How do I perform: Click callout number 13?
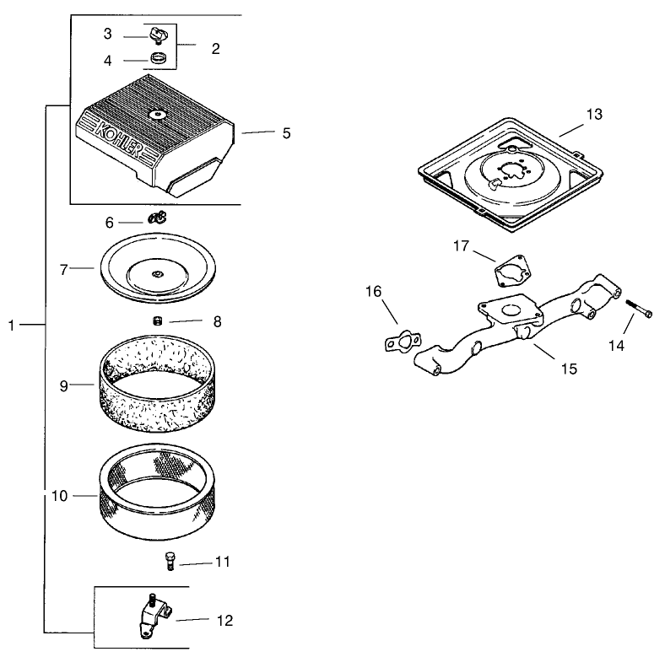595,115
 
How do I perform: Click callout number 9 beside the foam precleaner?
64,385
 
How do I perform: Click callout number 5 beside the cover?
286,132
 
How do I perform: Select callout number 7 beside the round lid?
64,270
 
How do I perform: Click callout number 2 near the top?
215,49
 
